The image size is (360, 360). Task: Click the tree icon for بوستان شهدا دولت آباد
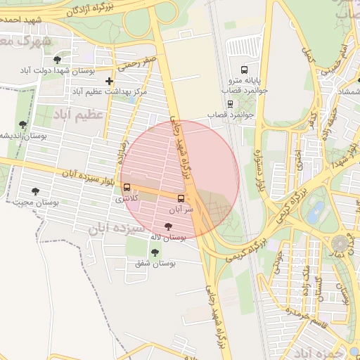(x=57, y=60)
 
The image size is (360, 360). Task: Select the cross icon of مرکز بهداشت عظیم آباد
(x=109, y=82)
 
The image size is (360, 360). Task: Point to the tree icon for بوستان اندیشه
(x=22, y=124)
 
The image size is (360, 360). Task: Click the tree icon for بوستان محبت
(x=35, y=191)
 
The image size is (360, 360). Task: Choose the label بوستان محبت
(x=35, y=202)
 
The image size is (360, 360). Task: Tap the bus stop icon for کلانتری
(x=127, y=188)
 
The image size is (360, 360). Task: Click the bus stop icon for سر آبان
(x=181, y=198)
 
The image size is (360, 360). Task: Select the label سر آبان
(x=181, y=210)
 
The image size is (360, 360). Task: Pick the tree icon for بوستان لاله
(x=167, y=226)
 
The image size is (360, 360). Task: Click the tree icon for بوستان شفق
(x=155, y=252)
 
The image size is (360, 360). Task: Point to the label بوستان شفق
(x=155, y=263)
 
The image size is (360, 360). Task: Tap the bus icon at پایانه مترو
(x=244, y=70)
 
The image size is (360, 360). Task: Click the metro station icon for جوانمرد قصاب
(x=231, y=104)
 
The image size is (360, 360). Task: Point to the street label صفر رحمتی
(x=136, y=63)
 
